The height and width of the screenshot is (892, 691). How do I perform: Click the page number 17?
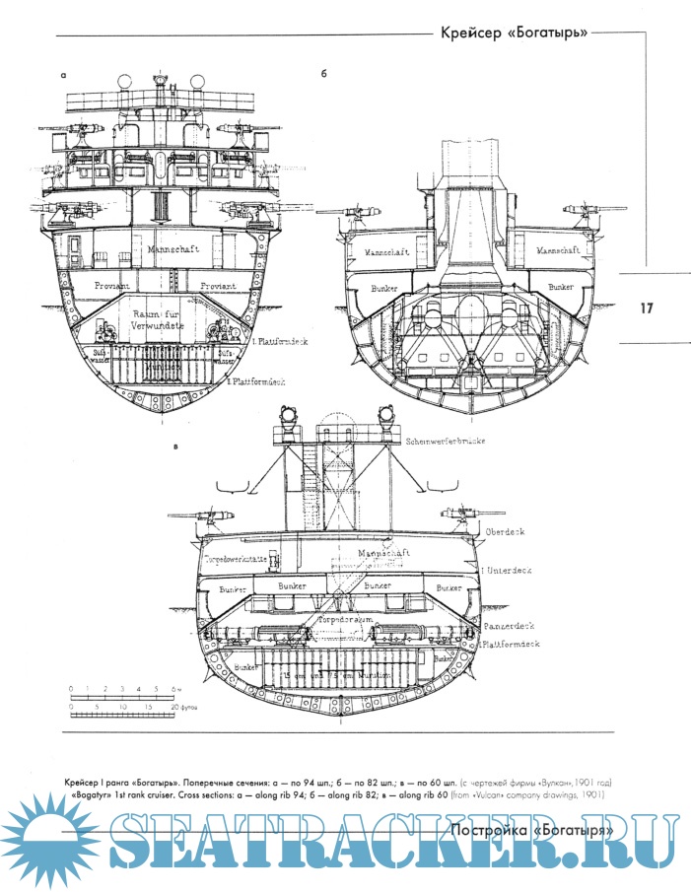[x=647, y=309]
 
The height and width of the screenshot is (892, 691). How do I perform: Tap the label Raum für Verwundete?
[x=164, y=319]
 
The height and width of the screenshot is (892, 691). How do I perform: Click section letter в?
[x=175, y=446]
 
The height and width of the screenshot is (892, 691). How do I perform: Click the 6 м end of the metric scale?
[x=179, y=687]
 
